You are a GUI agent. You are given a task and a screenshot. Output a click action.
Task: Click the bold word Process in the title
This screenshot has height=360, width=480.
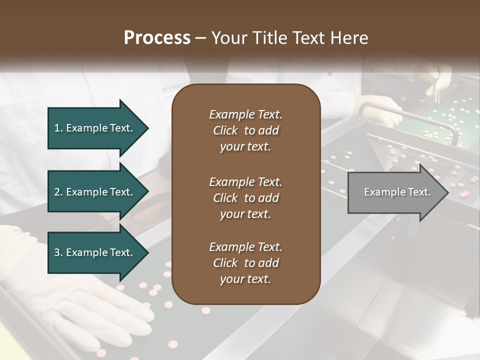[x=157, y=38]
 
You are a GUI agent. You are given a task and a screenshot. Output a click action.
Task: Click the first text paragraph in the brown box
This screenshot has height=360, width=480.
[x=245, y=130]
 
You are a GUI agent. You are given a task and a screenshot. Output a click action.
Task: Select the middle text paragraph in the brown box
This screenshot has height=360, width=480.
[x=245, y=197]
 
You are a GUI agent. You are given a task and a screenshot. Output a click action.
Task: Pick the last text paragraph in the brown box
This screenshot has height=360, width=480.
[x=245, y=263]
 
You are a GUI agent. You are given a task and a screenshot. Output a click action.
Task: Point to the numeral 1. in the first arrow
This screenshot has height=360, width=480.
[x=58, y=128]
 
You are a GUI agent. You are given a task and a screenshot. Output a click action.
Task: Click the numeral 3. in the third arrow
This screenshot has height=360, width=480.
[x=58, y=252]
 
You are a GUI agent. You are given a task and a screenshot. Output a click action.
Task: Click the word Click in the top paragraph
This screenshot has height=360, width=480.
[x=225, y=130]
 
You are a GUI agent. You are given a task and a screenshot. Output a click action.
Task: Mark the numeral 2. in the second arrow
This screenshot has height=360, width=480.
[x=58, y=192]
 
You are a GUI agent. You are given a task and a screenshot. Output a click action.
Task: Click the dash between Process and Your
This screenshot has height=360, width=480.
[x=201, y=38]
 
